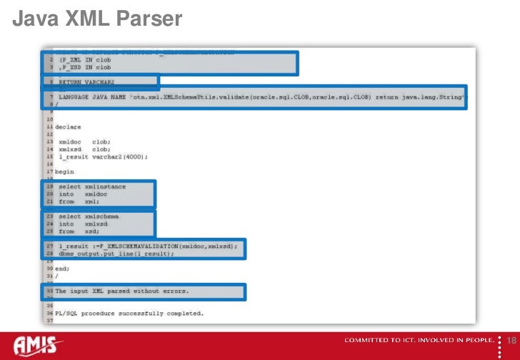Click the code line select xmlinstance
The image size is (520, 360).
pyautogui.click(x=92, y=187)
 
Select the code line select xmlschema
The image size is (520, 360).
pyautogui.click(x=89, y=216)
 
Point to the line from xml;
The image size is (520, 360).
pyautogui.click(x=79, y=202)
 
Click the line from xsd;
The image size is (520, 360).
pyautogui.click(x=78, y=231)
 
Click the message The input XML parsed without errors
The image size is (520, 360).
pyautogui.click(x=122, y=291)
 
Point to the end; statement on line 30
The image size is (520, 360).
pyautogui.click(x=64, y=269)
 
